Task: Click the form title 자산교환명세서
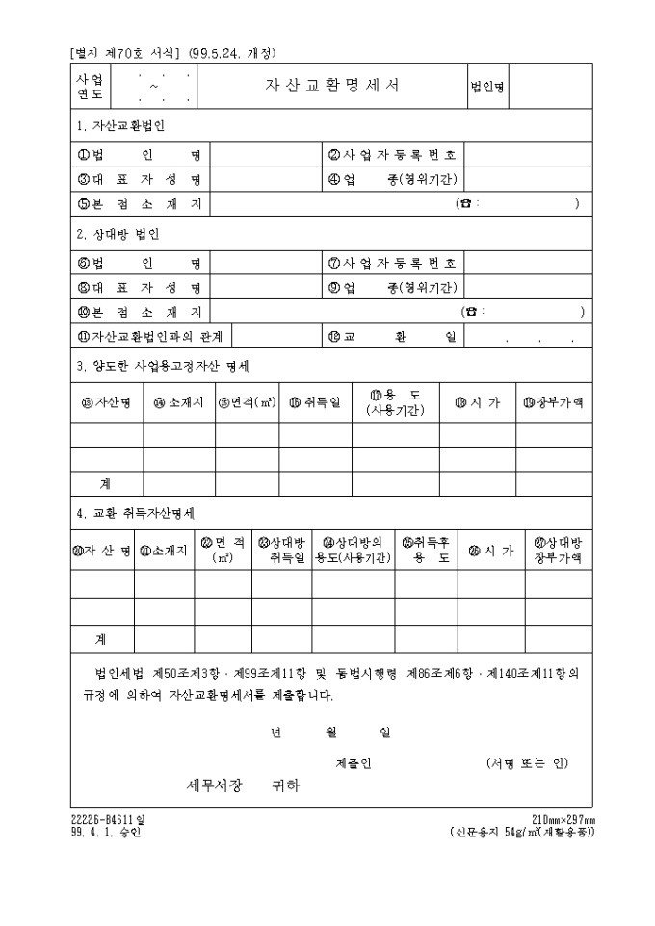pyautogui.click(x=332, y=85)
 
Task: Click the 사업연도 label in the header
pyautogui.click(x=90, y=85)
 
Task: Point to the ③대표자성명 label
pyautogui.click(x=140, y=178)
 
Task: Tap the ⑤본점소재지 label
pyautogui.click(x=140, y=203)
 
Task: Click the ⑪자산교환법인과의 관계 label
pyautogui.click(x=150, y=335)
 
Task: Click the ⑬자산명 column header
pyautogui.click(x=107, y=402)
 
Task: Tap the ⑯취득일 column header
pyautogui.click(x=315, y=402)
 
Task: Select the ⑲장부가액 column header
pyautogui.click(x=553, y=402)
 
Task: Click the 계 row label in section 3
pyautogui.click(x=105, y=483)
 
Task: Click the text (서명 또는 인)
pyautogui.click(x=527, y=762)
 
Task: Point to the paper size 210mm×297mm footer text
pyautogui.click(x=563, y=819)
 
